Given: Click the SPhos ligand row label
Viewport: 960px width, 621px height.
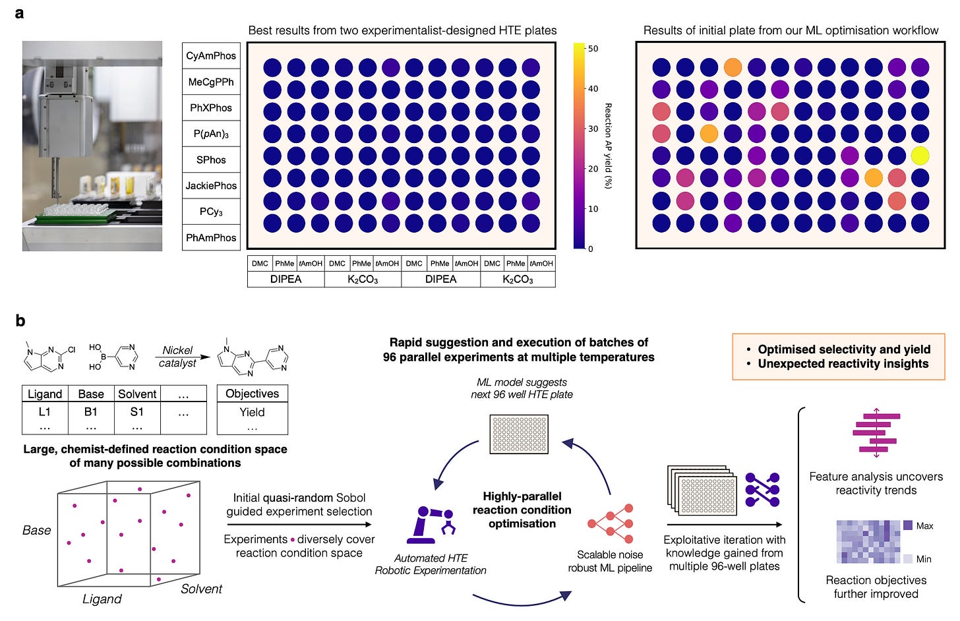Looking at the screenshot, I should (211, 160).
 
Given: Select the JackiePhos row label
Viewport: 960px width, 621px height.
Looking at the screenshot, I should (211, 186).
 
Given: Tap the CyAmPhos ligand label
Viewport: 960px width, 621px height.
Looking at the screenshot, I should (211, 56).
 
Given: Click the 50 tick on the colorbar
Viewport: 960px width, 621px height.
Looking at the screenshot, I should (593, 49).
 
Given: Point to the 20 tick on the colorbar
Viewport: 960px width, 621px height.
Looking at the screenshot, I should (593, 169).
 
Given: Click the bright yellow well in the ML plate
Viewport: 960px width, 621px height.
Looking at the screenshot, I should (920, 156).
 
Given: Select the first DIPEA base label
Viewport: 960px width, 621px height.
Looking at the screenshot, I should (285, 280).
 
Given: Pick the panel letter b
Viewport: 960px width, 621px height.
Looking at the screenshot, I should (20, 321).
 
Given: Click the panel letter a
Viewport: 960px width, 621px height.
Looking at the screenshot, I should (20, 13).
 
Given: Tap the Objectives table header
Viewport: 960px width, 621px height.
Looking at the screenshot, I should (252, 394).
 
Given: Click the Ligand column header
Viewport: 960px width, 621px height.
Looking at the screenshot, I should (45, 394).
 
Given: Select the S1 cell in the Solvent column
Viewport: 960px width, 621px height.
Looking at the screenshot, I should (137, 412).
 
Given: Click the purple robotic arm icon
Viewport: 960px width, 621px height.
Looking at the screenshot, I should (431, 524).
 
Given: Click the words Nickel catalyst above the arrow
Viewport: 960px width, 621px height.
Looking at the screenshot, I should (177, 357).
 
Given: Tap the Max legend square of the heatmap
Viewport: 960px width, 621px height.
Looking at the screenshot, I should (907, 525).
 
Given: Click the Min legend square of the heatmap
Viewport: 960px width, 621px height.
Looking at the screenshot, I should (907, 558).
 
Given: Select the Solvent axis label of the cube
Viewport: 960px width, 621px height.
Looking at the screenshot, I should (201, 589).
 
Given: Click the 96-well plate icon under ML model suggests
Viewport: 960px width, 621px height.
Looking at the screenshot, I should (519, 434).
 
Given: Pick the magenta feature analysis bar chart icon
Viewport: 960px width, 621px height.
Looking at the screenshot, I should (876, 432).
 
